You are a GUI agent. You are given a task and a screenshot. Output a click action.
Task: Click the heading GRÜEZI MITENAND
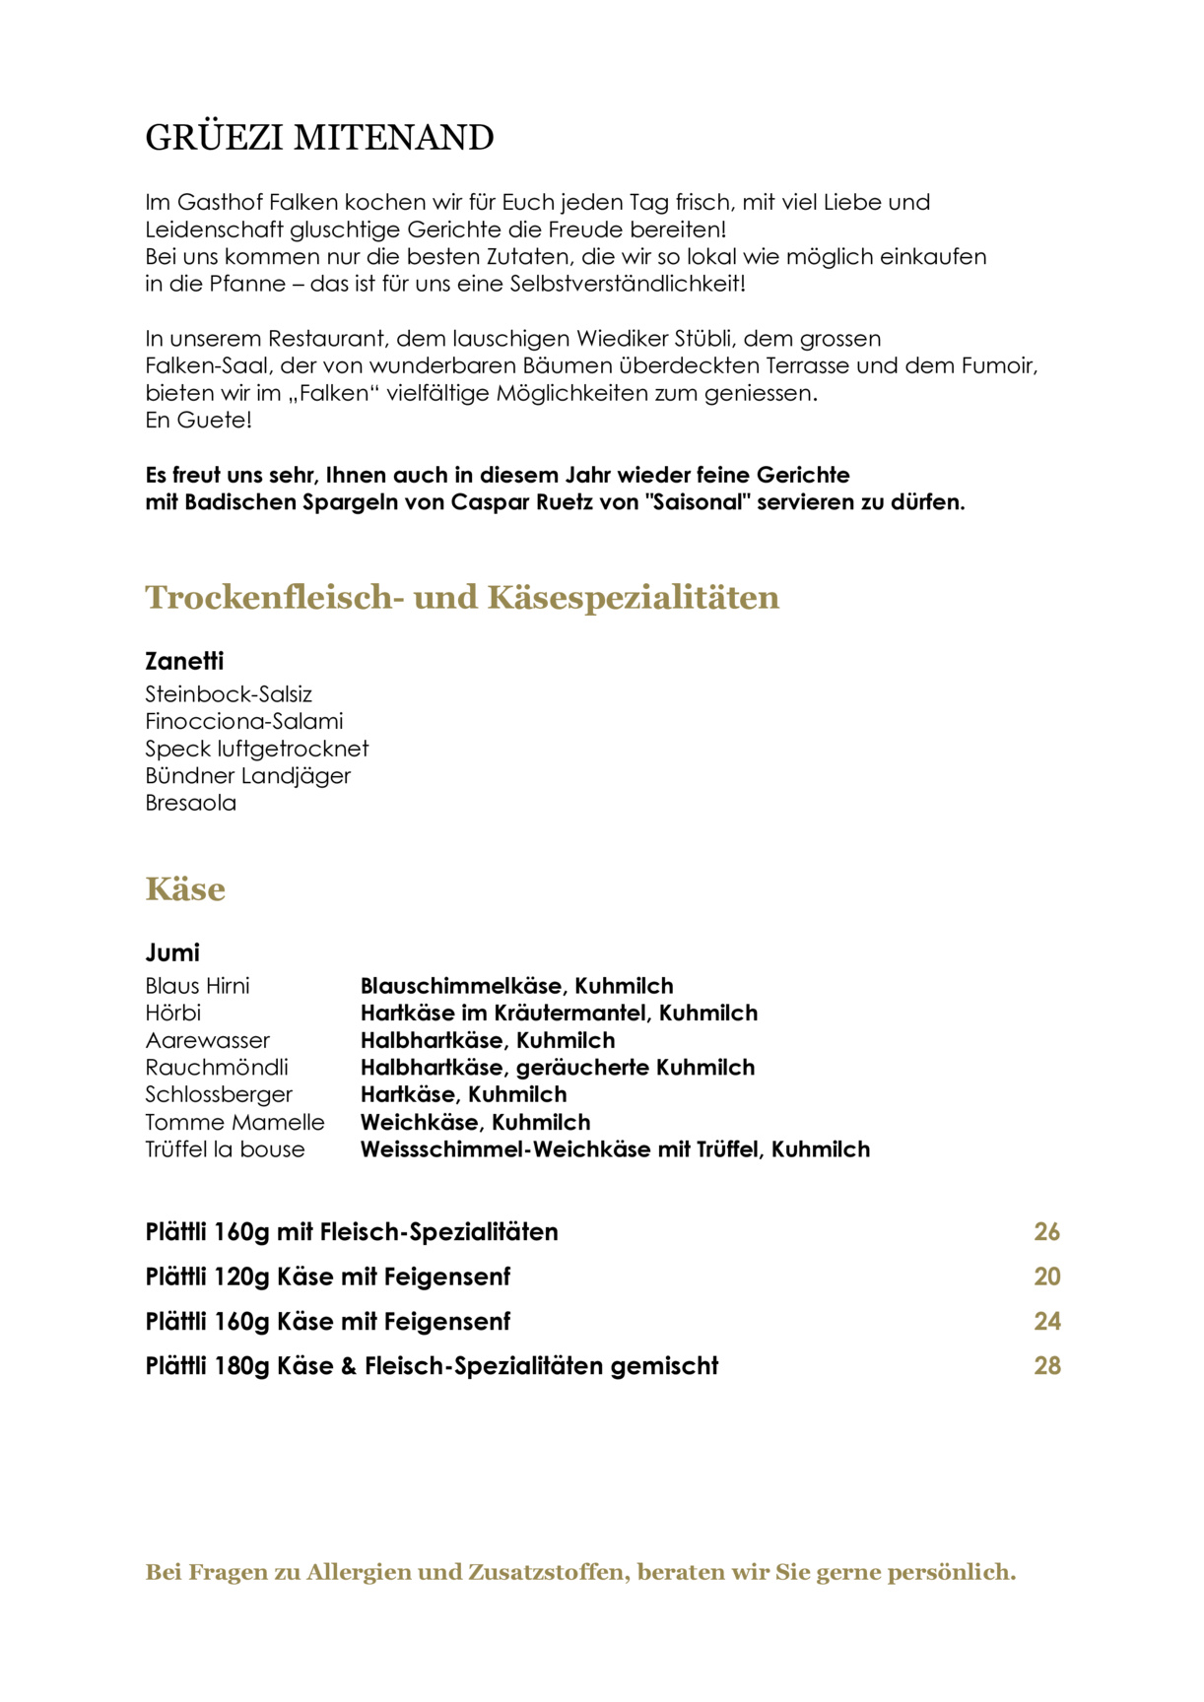coord(319,138)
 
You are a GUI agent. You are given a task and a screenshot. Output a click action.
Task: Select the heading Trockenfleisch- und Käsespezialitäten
coord(462,597)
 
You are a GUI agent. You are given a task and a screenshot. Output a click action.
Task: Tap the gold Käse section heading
coord(185,888)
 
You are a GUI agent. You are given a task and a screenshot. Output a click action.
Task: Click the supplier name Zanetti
coord(184,661)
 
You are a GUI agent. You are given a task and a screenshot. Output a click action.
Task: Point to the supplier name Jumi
coord(172,952)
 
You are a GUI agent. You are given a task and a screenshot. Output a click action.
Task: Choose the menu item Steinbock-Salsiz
coord(229,694)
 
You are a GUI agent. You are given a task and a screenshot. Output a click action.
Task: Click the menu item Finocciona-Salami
coord(244,721)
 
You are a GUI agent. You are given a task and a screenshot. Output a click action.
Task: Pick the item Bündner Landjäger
coord(248,776)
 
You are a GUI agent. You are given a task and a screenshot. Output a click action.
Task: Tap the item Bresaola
coord(191,803)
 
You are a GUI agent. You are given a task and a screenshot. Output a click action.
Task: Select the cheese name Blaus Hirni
coord(198,986)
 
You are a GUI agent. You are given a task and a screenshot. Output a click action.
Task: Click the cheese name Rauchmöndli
coord(217,1068)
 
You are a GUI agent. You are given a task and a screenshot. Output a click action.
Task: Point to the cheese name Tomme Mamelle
coord(234,1122)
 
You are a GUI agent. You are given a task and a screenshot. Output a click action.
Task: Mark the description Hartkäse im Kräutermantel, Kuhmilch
coord(559,1013)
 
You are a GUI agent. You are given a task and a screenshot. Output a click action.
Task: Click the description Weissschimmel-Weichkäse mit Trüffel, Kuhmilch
coord(615,1149)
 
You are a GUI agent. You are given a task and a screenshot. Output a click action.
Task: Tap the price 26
coord(1046,1232)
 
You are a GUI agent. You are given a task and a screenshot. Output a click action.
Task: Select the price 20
coord(1046,1276)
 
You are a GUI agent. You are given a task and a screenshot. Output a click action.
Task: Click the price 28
coord(1046,1366)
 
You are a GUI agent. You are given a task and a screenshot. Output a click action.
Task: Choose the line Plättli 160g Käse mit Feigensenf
coord(328,1322)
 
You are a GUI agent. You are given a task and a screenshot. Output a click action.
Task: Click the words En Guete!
coord(199,421)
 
